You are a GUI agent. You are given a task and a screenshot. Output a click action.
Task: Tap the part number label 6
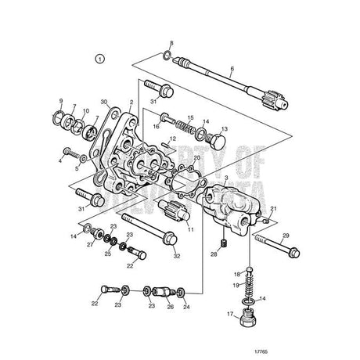click(232, 69)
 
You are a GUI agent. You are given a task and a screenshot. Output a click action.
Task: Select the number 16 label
click(156, 125)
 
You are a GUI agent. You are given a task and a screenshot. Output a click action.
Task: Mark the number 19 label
click(236, 286)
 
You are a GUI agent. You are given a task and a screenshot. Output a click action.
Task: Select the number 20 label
click(197, 158)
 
